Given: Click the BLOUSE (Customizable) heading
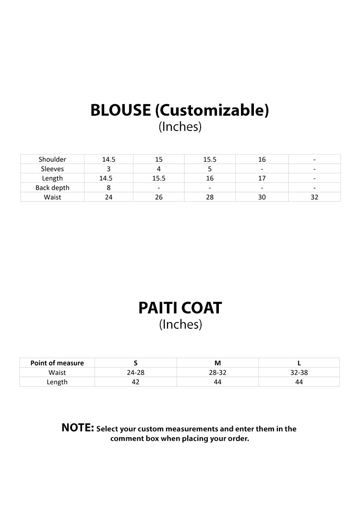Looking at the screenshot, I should coord(180,110).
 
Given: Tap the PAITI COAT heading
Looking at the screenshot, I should coord(180,308).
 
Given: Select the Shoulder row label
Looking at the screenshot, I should coord(52,159).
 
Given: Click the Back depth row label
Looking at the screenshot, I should coord(52,188).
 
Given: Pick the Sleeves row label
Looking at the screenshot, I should coord(52,169).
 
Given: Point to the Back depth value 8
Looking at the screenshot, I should coord(109,188).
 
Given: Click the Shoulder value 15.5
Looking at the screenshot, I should coord(210,159).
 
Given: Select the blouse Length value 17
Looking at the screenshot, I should coord(262,179).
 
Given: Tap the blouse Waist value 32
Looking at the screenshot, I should coord(314,197).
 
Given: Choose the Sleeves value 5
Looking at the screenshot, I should coord(210,169).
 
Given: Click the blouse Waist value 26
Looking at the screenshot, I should coord(159,197).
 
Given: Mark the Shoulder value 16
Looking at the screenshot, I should coord(262,159).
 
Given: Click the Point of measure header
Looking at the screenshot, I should coord(57,363).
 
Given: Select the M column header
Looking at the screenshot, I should coord(217,363).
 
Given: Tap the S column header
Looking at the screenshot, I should coord(136,363).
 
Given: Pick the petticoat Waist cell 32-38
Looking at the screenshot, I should coord(299,372).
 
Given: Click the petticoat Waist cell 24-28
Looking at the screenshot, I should coord(136,372).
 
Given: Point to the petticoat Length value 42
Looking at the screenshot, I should coord(136,382).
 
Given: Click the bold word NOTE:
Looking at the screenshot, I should coord(78,428).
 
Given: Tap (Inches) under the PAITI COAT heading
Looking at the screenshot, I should coord(180,324).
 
